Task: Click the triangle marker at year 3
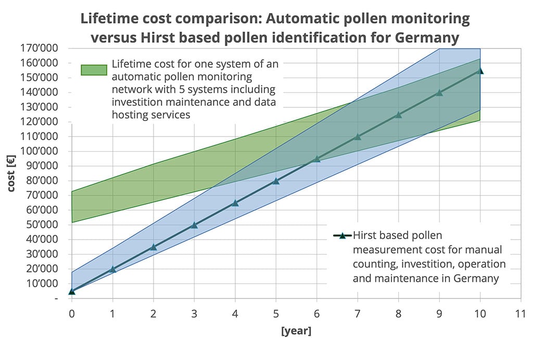pyautogui.click(x=194, y=225)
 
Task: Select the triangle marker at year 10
pyautogui.click(x=480, y=70)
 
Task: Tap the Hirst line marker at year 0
pyautogui.click(x=72, y=291)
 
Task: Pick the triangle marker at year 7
pyautogui.click(x=358, y=137)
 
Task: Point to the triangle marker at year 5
pyautogui.click(x=276, y=181)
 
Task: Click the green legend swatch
pyautogui.click(x=94, y=70)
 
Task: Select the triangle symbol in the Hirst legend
pyautogui.click(x=342, y=235)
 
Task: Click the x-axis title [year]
pyautogui.click(x=296, y=331)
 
